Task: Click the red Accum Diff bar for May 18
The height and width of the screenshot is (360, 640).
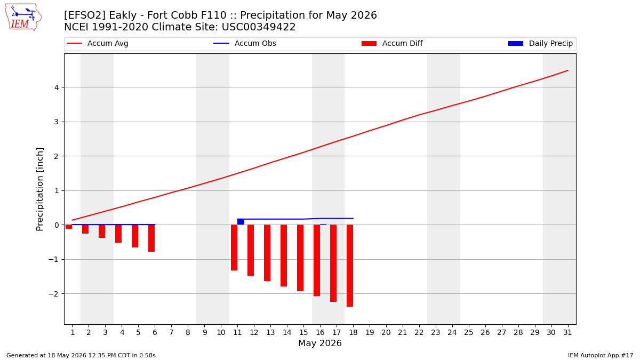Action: (x=350, y=266)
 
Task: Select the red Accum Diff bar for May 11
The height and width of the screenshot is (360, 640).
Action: (x=234, y=247)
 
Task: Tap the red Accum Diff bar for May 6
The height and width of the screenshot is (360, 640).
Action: (x=151, y=238)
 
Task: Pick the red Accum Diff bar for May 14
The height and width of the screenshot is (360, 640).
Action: (x=284, y=255)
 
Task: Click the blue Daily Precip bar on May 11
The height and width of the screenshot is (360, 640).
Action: (x=241, y=222)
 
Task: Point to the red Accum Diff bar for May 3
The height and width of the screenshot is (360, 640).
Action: (x=102, y=231)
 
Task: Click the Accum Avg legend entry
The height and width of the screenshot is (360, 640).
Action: (x=98, y=43)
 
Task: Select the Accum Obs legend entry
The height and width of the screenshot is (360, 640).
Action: (x=245, y=43)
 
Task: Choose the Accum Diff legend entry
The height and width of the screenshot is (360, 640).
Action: (x=392, y=43)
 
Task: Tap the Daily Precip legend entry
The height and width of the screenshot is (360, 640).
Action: (x=541, y=43)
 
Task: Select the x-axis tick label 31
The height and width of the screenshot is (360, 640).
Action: (x=567, y=333)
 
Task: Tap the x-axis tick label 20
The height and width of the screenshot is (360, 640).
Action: (x=386, y=333)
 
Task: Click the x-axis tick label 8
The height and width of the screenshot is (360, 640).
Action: (x=188, y=333)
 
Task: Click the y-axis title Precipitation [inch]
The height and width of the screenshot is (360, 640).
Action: (x=39, y=189)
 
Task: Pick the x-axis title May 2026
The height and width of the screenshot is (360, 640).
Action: (x=320, y=343)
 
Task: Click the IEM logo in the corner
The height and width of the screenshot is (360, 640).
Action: (x=23, y=17)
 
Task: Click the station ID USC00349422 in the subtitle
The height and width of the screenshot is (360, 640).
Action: (x=259, y=27)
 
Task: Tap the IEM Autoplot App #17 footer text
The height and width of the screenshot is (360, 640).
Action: (x=601, y=355)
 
